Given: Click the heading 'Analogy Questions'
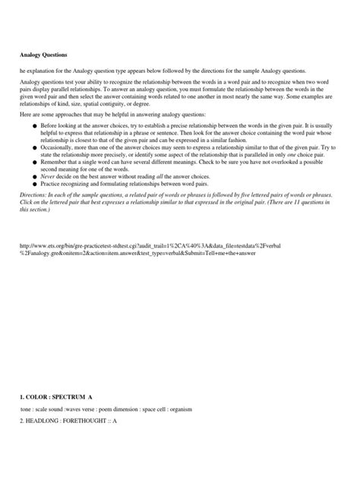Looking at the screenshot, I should coord(43,55).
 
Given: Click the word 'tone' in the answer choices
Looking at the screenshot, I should coord(27,409).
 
